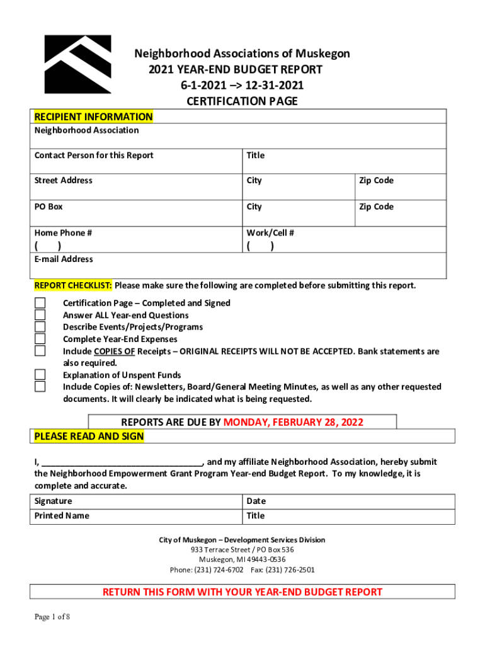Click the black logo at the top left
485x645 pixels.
[77, 64]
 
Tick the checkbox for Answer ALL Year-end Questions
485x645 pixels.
[40, 315]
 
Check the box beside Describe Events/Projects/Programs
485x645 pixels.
[40, 327]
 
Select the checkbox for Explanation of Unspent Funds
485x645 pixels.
[40, 375]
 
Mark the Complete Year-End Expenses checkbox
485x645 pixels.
[40, 339]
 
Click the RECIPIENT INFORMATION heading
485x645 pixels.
[93, 117]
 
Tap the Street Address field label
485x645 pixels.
[63, 181]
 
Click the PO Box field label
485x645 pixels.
[48, 207]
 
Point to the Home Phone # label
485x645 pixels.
[63, 233]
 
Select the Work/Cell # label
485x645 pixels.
[270, 233]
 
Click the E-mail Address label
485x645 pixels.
[64, 259]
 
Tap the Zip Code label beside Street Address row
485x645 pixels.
[376, 181]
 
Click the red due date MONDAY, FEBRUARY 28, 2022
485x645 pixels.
[294, 422]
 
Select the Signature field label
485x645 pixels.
[53, 501]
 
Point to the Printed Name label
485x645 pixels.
[62, 516]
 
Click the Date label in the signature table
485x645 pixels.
[256, 501]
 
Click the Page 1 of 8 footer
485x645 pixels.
[52, 617]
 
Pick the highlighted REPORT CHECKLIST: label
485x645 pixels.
[73, 285]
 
